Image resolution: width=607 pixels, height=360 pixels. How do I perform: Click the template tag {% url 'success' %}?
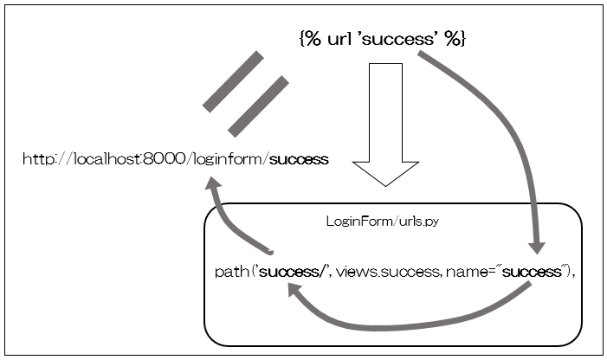pyautogui.click(x=382, y=40)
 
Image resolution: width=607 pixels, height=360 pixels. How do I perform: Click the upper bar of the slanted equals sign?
pyautogui.click(x=233, y=82)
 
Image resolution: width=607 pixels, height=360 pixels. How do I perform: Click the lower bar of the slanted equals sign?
pyautogui.click(x=257, y=106)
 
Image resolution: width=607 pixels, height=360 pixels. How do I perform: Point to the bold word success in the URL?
pyautogui.click(x=299, y=159)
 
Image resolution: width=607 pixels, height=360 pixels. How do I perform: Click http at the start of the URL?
pyautogui.click(x=36, y=159)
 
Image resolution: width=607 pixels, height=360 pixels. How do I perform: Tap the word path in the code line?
pyautogui.click(x=229, y=273)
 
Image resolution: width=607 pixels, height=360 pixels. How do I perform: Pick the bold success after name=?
pyautogui.click(x=532, y=273)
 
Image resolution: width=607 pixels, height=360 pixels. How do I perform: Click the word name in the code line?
pyautogui.click(x=468, y=273)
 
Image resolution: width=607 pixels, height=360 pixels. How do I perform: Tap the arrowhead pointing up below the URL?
pyautogui.click(x=214, y=184)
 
